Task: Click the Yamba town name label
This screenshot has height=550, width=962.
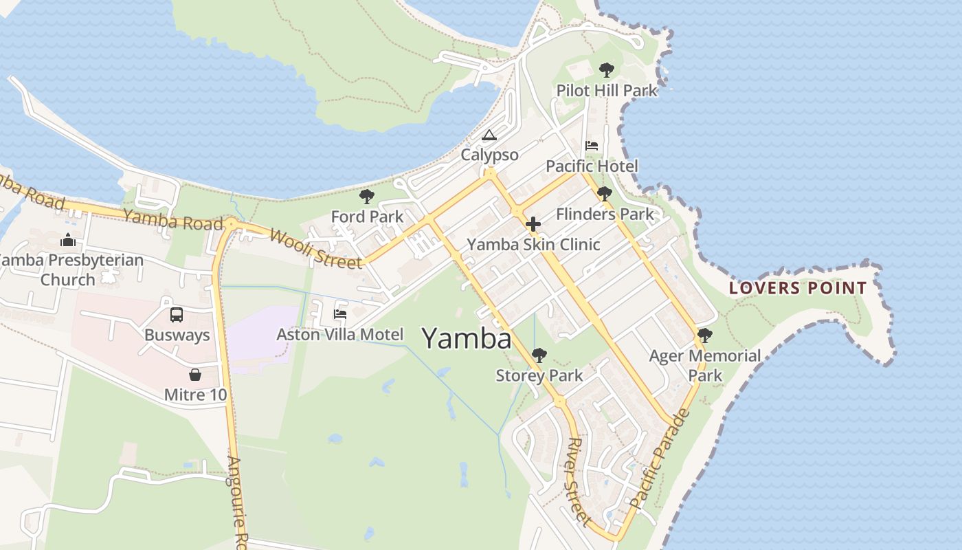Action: [467, 339]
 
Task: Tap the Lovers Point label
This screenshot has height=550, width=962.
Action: [798, 288]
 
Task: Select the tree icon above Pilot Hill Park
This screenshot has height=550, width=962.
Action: [606, 70]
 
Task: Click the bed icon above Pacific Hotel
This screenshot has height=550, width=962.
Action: [592, 146]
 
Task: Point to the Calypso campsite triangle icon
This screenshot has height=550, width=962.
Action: [489, 135]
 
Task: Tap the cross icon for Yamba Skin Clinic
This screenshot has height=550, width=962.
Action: [533, 224]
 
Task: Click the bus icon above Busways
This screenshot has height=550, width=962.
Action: [177, 315]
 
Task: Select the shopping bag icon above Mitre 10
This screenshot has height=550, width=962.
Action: [195, 375]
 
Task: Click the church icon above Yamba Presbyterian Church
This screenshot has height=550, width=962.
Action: [67, 240]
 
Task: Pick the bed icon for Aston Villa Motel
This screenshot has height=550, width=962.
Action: [339, 314]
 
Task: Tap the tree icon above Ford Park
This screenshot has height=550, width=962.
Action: [367, 197]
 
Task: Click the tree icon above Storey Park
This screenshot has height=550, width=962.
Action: [539, 355]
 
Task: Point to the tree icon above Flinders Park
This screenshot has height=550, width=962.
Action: [605, 194]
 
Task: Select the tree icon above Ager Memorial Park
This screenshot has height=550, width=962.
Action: [704, 335]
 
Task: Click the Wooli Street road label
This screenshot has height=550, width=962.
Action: [315, 249]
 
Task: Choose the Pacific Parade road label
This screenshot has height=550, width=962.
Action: [659, 459]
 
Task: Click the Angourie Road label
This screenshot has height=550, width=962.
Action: [236, 502]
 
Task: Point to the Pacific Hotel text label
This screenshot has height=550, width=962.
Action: [592, 166]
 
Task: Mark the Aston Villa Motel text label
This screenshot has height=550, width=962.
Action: [339, 335]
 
